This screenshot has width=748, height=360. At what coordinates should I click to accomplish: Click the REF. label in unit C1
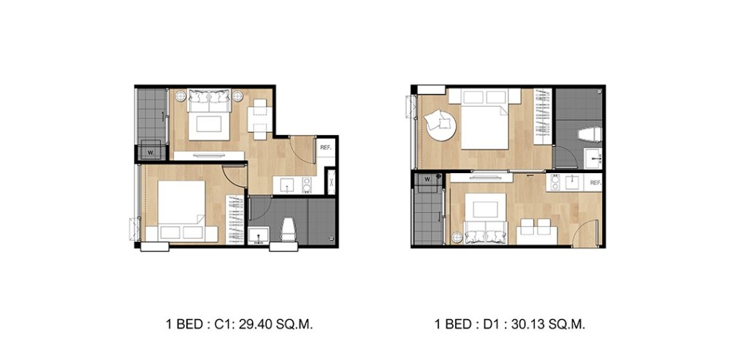[x=326, y=148]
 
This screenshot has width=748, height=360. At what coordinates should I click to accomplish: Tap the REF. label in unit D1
[x=595, y=183]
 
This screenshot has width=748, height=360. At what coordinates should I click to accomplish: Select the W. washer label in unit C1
[x=150, y=153]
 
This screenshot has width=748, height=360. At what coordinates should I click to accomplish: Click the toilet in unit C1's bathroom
[x=286, y=227]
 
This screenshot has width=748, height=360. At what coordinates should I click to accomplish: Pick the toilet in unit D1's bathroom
[x=587, y=134]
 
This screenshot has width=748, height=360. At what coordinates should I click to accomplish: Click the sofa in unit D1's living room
[x=483, y=234]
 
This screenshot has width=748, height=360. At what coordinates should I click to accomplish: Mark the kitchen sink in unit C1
[x=287, y=185]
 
